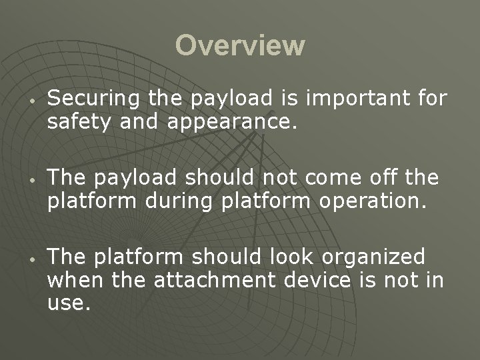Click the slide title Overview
pos(240,46)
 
